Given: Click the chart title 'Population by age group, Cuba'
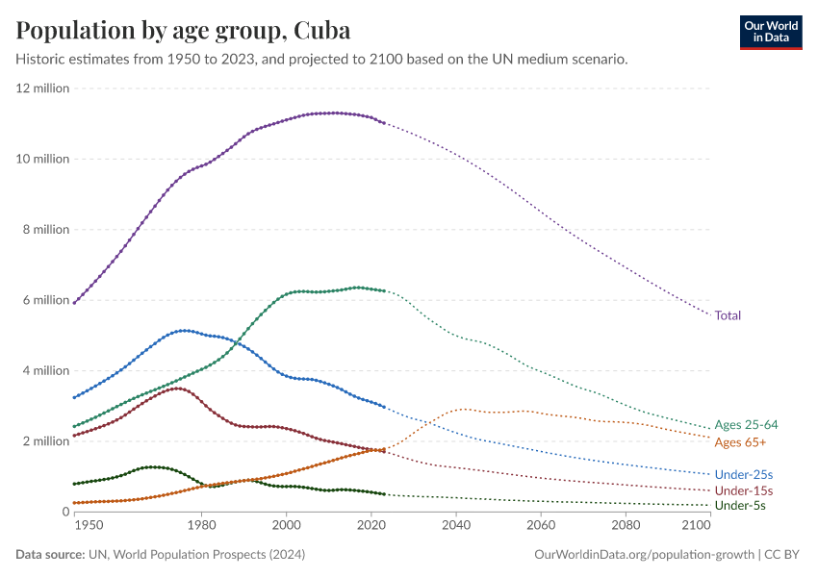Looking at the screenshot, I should [x=183, y=30].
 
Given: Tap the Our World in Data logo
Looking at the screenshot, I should [x=770, y=31].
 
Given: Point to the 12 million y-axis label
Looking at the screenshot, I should [x=42, y=88].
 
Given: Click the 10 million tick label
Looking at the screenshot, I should [x=42, y=159].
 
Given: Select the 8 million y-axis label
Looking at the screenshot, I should [x=45, y=230].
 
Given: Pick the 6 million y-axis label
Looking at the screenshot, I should [x=45, y=300].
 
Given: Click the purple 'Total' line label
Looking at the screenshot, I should [x=728, y=315].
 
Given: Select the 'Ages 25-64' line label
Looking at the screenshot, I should [x=746, y=425].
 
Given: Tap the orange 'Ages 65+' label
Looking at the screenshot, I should [x=740, y=442].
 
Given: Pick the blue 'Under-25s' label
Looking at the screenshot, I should [x=744, y=475].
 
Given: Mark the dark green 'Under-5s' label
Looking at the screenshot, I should [x=740, y=506].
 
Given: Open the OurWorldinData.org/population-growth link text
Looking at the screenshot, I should [x=643, y=555].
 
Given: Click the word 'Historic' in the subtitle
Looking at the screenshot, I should [x=42, y=60].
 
